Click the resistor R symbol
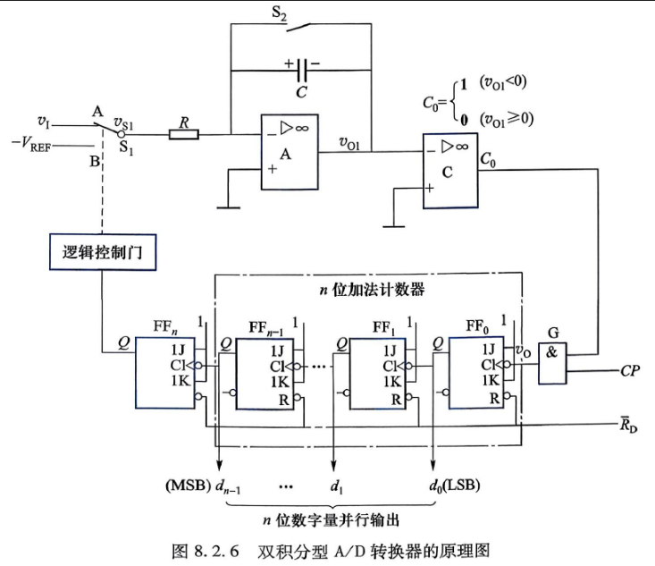(184, 135)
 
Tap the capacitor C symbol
(302, 70)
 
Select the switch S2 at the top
(299, 27)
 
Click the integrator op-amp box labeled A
(290, 152)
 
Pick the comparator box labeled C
(450, 171)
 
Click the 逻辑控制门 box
(103, 252)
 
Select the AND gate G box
(552, 363)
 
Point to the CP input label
(629, 371)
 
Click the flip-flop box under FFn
(165, 373)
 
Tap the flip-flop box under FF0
(476, 373)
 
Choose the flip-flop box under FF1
(378, 374)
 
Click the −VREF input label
(31, 145)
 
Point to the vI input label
(44, 122)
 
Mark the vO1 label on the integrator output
(349, 143)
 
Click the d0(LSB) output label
(455, 486)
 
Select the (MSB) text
(188, 485)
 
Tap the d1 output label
(336, 486)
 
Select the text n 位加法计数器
(373, 290)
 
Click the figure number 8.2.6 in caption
(216, 551)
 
